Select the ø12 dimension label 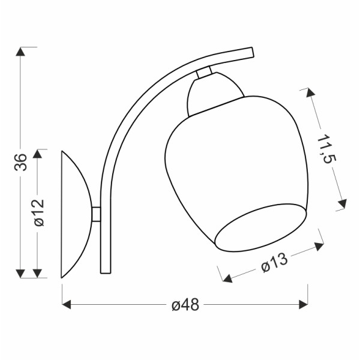pos(39,212)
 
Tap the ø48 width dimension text pos(185,305)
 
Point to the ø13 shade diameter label pos(275,262)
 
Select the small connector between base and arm pos(96,214)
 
